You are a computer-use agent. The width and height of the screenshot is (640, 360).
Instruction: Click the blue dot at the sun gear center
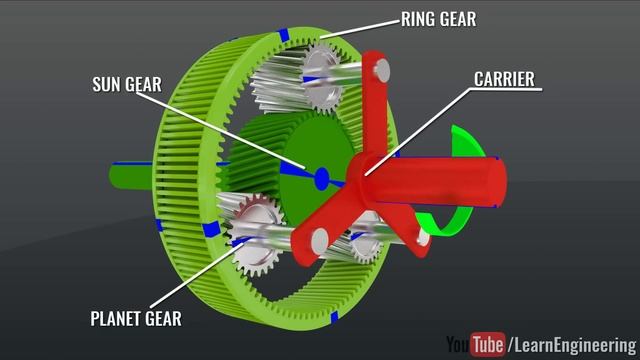[321, 178]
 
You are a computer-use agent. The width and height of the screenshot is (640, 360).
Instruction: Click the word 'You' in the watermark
[457, 344]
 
